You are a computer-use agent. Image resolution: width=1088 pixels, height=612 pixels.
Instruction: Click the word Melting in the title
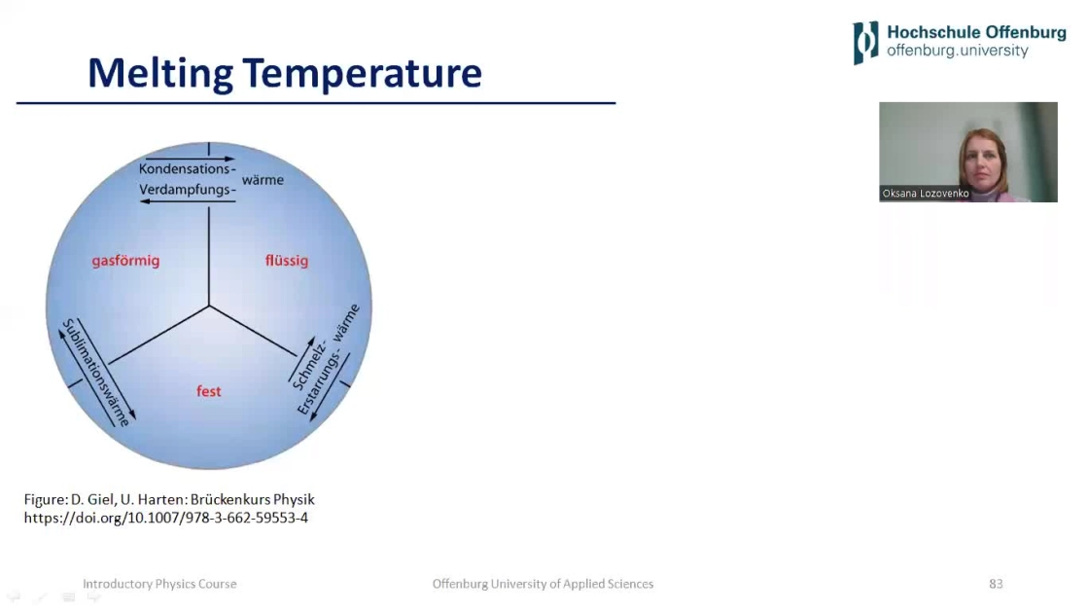160,73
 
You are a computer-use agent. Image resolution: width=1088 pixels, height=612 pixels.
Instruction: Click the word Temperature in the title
363,73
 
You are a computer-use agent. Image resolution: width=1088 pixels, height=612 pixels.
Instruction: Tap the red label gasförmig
125,261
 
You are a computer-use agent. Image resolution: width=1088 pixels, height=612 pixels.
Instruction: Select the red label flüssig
287,261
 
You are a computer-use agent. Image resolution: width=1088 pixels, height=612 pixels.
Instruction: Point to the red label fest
209,391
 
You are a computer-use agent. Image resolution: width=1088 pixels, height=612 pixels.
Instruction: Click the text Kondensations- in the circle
188,168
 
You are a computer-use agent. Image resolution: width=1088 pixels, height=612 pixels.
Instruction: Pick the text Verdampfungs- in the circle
188,190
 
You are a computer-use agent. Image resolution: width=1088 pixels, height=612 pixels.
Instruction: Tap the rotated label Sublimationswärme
96,373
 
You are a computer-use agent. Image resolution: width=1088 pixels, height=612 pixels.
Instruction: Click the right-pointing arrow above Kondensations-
191,159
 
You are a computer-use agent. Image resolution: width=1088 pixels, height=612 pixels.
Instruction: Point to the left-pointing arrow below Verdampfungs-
188,201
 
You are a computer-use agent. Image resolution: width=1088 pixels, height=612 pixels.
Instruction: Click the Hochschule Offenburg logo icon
866,43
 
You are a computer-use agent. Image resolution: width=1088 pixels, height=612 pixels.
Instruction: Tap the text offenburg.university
958,51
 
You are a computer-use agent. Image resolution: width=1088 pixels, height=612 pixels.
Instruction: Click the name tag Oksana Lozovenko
925,193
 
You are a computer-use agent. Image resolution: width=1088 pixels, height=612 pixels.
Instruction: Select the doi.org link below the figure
166,518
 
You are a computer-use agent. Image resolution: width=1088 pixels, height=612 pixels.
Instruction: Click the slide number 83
996,584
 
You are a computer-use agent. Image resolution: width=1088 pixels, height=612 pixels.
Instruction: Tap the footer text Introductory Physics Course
159,584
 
